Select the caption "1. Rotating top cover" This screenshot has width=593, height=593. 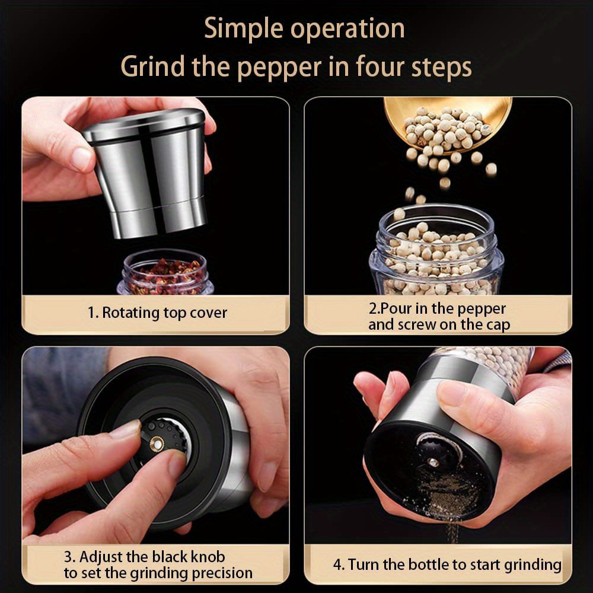[157, 313]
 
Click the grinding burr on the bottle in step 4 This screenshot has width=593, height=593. [436, 448]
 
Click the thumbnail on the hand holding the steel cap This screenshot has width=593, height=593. [81, 159]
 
